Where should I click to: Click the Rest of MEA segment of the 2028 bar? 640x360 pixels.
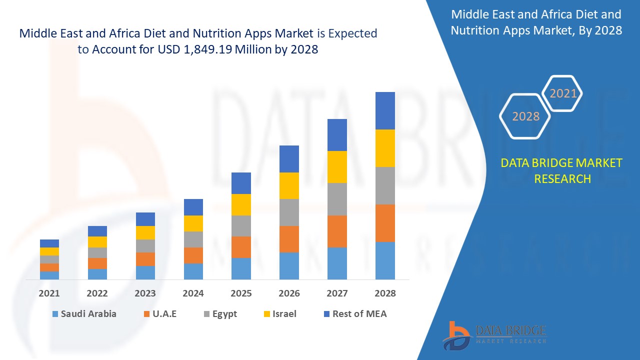tap(385, 110)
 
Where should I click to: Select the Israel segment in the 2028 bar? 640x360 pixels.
tap(385, 148)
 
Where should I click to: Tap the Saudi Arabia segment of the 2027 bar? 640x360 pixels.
tap(337, 263)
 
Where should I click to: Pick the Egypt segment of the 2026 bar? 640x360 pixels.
tap(289, 212)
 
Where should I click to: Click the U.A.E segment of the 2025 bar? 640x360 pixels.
tap(241, 247)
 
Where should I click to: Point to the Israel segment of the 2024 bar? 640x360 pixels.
tap(193, 223)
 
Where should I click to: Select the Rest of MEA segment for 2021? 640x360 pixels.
tap(49, 243)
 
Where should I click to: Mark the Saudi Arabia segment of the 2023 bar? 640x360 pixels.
tap(145, 272)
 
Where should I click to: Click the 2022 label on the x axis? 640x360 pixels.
tap(97, 293)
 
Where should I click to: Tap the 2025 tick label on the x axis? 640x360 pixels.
tap(241, 293)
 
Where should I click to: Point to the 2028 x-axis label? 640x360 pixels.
tap(385, 293)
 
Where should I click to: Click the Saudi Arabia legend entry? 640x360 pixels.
tap(84, 314)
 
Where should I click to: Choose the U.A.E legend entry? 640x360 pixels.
tap(160, 314)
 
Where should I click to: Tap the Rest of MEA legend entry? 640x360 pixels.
tap(355, 314)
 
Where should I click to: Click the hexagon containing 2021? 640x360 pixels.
tap(563, 93)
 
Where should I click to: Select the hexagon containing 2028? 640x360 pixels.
tap(525, 116)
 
